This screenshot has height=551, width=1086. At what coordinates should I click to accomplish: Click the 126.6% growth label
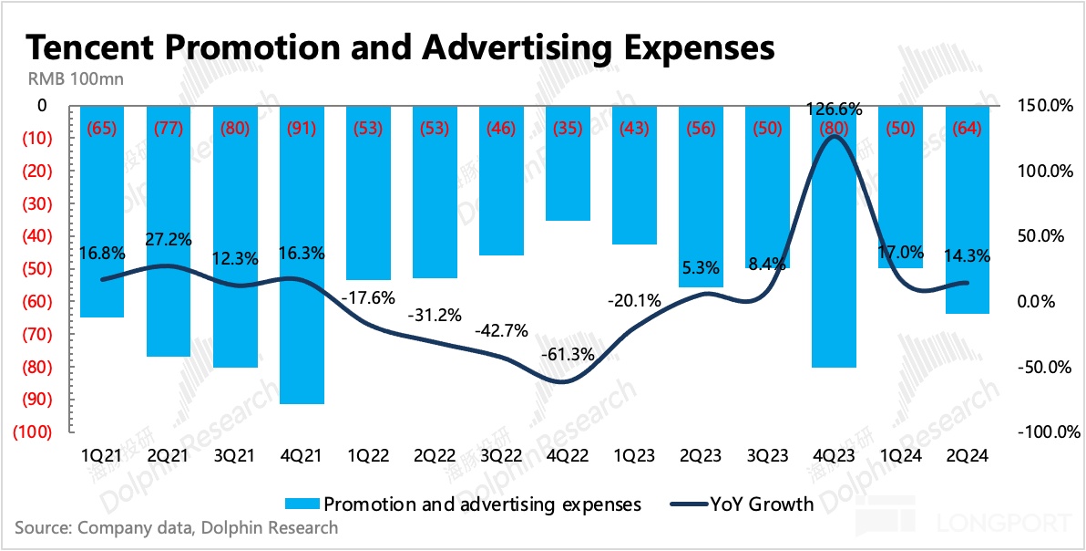(835, 110)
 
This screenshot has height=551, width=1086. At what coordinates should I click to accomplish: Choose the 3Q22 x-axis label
(502, 453)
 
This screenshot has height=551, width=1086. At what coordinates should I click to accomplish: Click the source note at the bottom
(176, 527)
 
